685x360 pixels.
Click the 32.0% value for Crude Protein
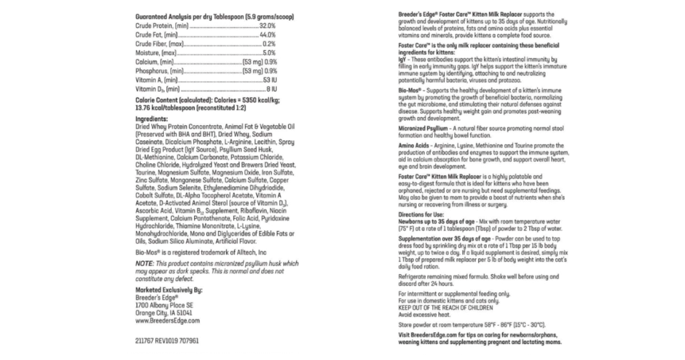[x=267, y=25]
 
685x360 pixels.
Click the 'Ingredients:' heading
[x=151, y=118]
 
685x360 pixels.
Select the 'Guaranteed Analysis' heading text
[x=164, y=15]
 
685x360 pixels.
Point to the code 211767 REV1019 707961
[x=167, y=341]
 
